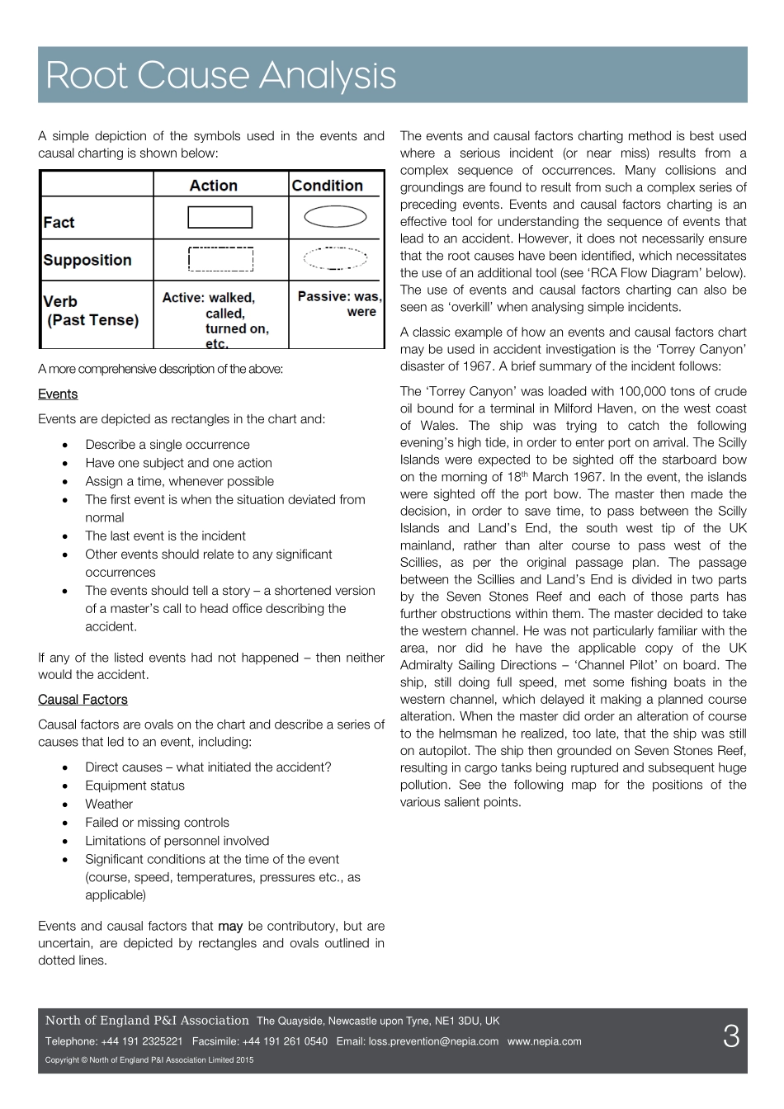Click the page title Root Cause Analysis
[221, 75]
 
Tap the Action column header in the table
[213, 186]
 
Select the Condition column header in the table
[328, 186]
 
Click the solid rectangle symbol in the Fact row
[220, 217]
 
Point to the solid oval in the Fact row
[335, 217]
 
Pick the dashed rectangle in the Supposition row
[220, 259]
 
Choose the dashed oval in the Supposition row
[335, 258]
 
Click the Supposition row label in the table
[87, 260]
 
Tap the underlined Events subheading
[58, 394]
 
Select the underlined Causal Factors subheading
[83, 700]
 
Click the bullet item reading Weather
[109, 805]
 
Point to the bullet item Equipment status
[135, 786]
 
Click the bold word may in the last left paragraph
[230, 927]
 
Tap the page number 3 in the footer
[731, 1037]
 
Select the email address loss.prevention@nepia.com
[433, 1041]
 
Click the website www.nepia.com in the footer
[544, 1041]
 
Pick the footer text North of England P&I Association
[147, 1021]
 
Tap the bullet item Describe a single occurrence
[168, 445]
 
